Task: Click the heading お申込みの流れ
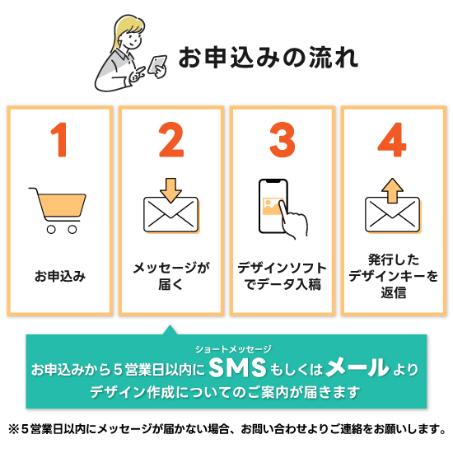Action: point(268,57)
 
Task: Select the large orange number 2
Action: point(171,141)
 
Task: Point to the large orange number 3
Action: point(282,141)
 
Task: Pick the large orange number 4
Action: point(393,141)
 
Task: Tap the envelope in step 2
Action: point(170,215)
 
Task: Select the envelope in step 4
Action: point(392,215)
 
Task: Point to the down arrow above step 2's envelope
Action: point(170,189)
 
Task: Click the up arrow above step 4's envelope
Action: point(392,189)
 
